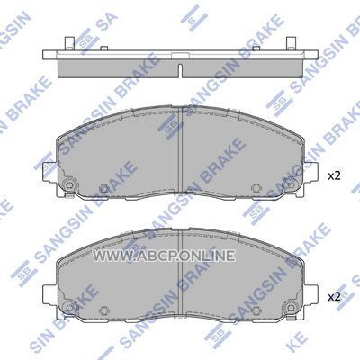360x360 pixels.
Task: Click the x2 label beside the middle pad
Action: point(334,176)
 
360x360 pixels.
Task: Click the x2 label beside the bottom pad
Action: point(334,297)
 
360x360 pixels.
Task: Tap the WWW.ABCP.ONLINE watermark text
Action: point(164,256)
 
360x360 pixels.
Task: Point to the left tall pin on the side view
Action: point(69,43)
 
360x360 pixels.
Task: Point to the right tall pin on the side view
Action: point(291,43)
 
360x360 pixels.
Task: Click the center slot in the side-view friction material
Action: point(180,71)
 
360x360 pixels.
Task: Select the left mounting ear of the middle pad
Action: point(50,172)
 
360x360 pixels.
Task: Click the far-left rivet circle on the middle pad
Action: point(69,185)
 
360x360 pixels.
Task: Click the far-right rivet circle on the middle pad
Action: point(291,185)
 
